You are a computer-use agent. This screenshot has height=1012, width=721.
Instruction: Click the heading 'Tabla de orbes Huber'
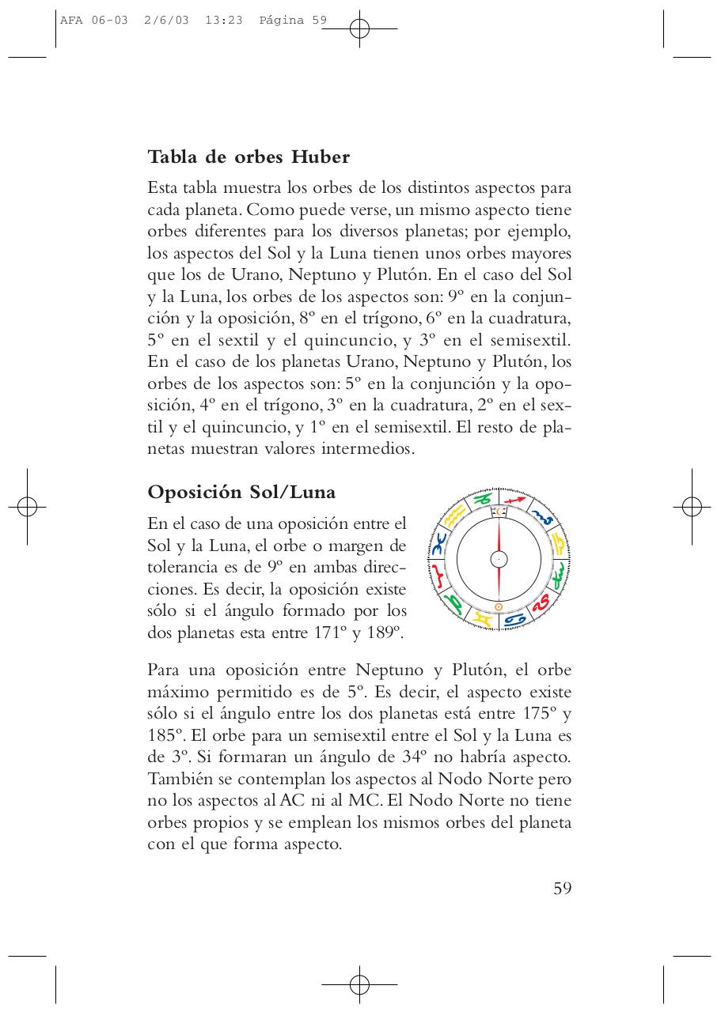(x=249, y=157)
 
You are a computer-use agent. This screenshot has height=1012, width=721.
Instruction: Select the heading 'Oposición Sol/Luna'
(x=241, y=492)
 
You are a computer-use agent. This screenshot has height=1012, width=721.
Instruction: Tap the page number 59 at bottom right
(x=562, y=888)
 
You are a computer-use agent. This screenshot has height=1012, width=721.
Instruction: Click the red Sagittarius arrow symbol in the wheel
(x=515, y=500)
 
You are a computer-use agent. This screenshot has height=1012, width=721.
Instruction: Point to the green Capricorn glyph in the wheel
(x=481, y=499)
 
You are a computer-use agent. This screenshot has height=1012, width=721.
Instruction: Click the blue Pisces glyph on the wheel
(x=438, y=542)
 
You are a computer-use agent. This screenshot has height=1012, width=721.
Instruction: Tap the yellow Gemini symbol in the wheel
(x=482, y=619)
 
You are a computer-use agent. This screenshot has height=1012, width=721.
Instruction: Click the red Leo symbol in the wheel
(x=541, y=602)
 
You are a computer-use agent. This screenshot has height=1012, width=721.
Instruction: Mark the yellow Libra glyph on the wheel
(x=559, y=543)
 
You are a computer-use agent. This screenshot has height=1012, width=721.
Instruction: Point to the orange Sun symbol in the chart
(x=499, y=606)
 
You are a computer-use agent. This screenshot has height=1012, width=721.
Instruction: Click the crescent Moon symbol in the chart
(x=499, y=512)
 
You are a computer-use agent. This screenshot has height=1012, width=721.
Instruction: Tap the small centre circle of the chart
(x=499, y=559)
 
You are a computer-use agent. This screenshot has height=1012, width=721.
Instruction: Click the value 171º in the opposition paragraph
(x=328, y=632)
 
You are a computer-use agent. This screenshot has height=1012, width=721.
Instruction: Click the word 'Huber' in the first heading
(x=320, y=157)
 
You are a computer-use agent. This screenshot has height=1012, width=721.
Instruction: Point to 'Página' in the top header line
(x=282, y=21)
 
